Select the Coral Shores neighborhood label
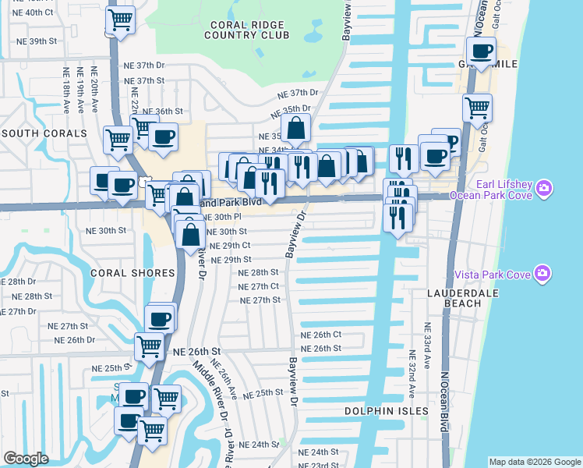coord(132,273)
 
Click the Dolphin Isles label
coord(387,410)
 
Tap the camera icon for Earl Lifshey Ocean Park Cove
coord(544,188)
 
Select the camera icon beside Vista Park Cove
coord(542,274)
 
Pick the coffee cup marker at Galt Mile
coord(481,51)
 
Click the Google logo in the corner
coord(26,459)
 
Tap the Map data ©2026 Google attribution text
coord(534,462)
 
